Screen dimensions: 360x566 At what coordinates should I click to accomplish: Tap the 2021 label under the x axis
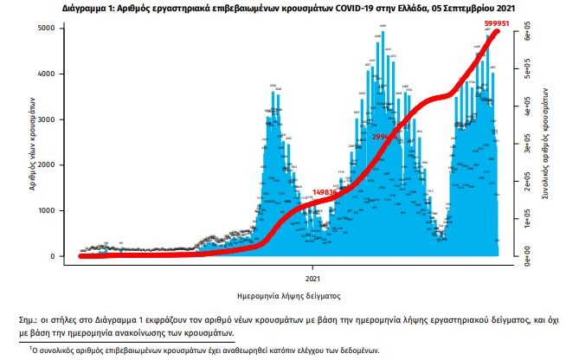(313, 278)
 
